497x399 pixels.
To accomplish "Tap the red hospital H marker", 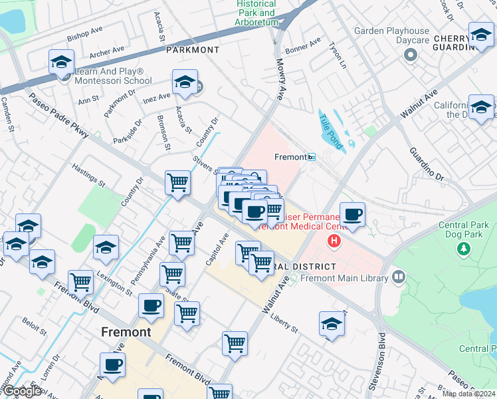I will (335, 241).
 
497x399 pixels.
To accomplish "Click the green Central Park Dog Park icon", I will (463, 248).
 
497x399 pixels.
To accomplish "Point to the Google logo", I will (21, 391).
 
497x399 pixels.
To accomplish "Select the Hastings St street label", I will (88, 176).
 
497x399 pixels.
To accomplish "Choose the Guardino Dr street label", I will (427, 164).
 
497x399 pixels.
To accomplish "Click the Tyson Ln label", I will (336, 56).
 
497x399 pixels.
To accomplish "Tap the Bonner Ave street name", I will (302, 46).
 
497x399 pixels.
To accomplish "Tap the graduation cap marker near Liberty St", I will (331, 325).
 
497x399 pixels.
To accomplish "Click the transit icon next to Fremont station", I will (312, 158).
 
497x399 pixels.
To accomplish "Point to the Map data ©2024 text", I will (469, 394).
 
